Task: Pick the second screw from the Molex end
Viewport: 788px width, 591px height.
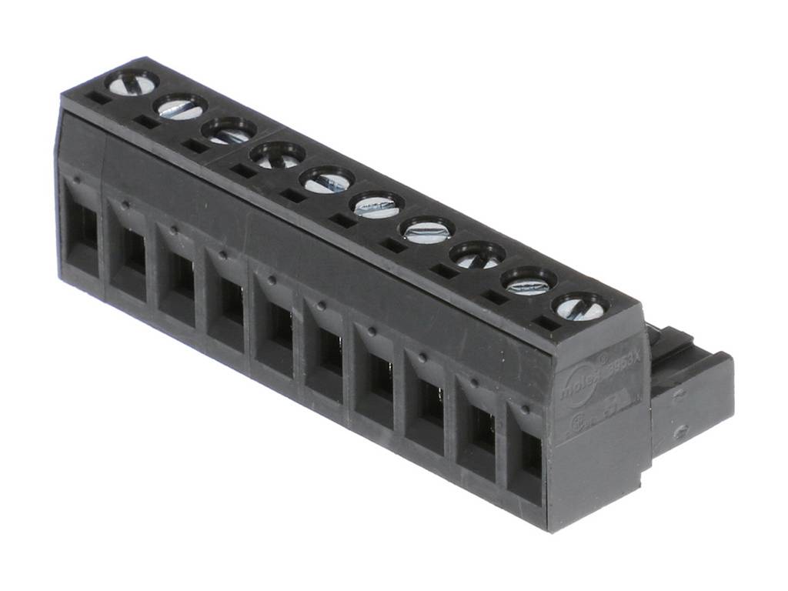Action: [x=529, y=282]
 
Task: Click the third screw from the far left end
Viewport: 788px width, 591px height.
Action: [x=229, y=131]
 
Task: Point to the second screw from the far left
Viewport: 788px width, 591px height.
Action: [x=181, y=106]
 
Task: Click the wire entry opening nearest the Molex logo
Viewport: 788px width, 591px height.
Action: [x=529, y=454]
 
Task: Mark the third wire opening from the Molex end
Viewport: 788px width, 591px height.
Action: [x=428, y=404]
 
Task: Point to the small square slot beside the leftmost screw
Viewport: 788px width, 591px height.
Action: [x=98, y=98]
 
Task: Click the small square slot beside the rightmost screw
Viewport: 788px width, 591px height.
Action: [x=547, y=324]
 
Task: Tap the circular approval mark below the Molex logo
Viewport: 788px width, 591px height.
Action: [x=586, y=423]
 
